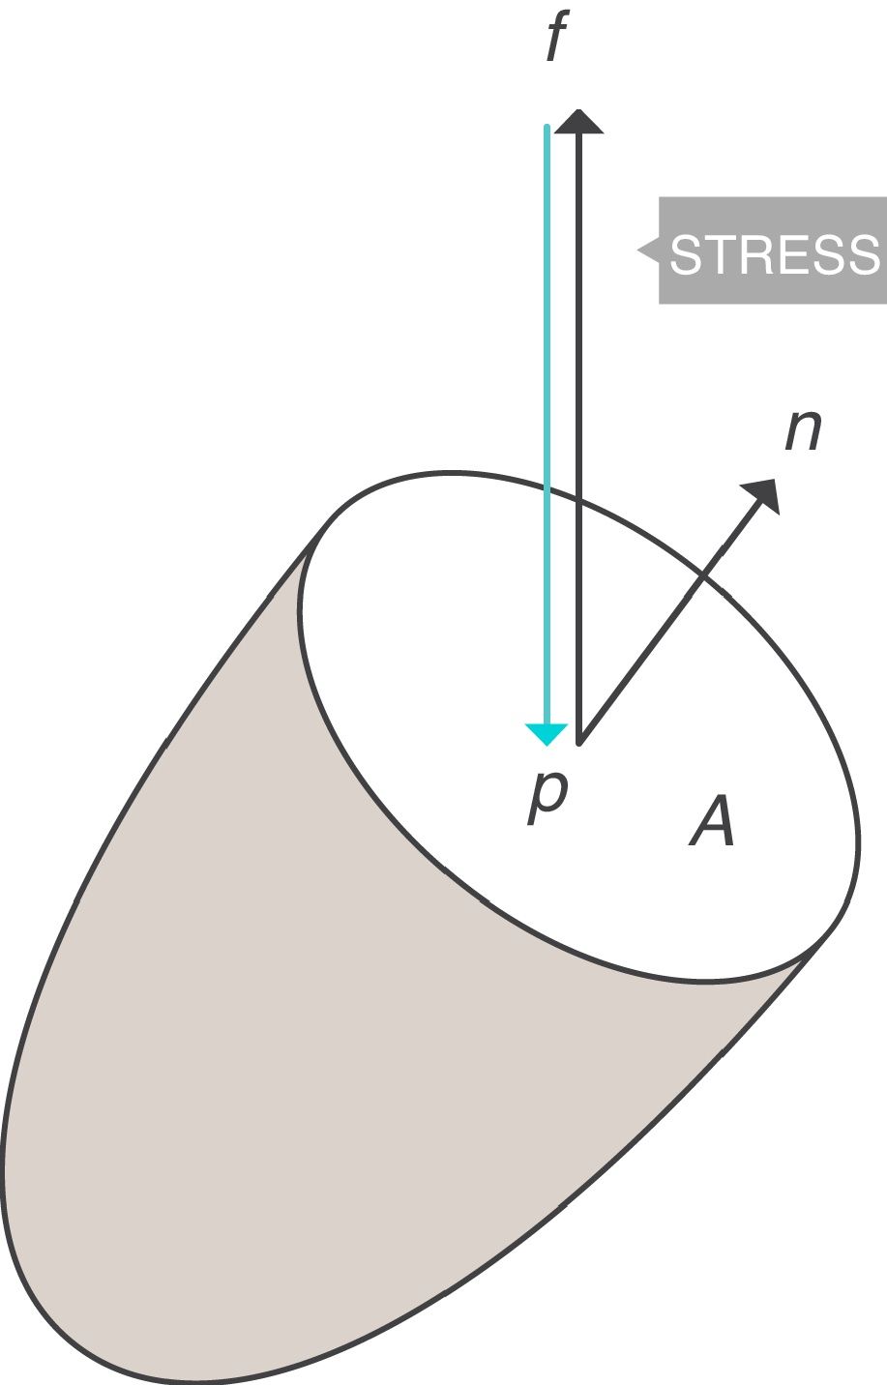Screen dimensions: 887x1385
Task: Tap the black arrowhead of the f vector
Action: pos(579,121)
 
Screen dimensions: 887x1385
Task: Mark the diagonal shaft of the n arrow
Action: pos(658,638)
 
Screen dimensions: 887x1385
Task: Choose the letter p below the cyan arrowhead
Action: pos(547,799)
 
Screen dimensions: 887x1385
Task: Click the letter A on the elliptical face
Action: pos(713,824)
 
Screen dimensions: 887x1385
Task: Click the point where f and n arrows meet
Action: pos(579,743)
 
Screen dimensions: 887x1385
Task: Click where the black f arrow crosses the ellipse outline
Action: pos(579,499)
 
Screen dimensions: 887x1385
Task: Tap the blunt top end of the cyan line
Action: pos(547,128)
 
